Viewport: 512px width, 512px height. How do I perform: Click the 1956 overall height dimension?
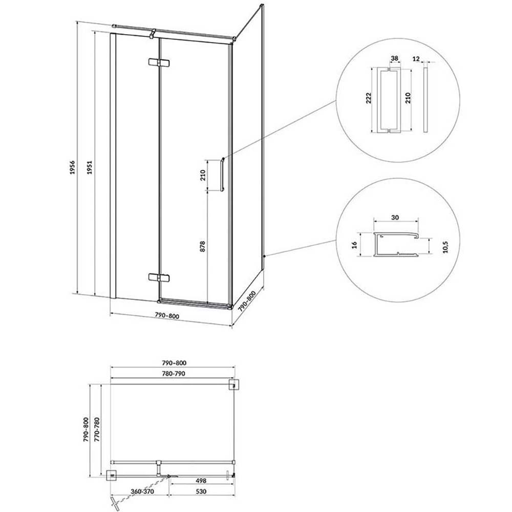coord(72,167)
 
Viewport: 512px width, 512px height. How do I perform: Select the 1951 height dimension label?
coord(90,167)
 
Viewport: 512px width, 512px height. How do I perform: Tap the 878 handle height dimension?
coord(202,246)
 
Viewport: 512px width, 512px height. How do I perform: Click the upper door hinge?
coord(159,62)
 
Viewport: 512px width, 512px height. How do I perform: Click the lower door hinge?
coord(159,278)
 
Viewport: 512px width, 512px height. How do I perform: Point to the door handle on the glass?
coord(222,175)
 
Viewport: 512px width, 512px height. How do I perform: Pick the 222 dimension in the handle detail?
coord(369,98)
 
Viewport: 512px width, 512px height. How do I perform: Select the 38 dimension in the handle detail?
coord(394,58)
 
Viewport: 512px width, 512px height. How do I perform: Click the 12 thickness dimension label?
coord(416,59)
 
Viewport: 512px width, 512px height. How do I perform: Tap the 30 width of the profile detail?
coord(395,218)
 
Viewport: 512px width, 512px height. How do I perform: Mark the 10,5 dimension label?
coord(446,247)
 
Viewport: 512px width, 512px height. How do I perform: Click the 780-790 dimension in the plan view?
coord(174,374)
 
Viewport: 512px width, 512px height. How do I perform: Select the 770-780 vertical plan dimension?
coord(96,430)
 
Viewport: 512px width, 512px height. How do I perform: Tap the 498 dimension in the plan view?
coord(201,481)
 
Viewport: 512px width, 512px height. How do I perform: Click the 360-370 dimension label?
coord(142,491)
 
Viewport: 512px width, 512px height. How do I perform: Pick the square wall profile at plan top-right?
coord(234,385)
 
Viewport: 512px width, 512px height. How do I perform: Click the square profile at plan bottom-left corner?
coord(112,476)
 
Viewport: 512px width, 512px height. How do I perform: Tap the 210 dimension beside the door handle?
coord(202,175)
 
